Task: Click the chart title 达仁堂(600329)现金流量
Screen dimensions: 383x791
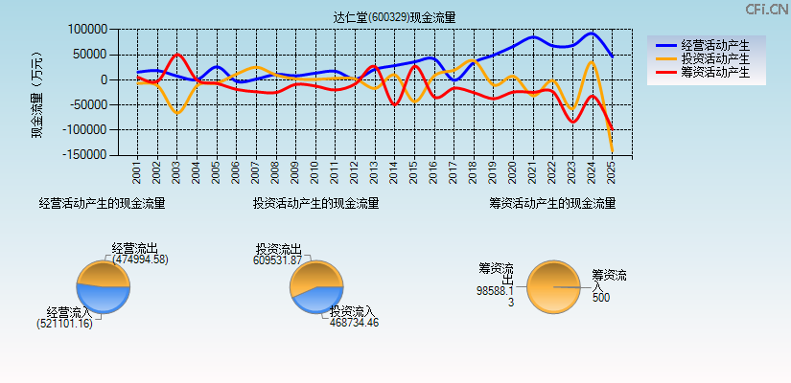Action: click(395, 17)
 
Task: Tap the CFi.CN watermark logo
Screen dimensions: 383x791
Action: click(766, 9)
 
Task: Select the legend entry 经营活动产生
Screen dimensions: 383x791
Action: click(709, 45)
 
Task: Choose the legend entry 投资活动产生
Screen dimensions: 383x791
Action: click(709, 58)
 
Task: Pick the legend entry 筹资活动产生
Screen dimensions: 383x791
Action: click(709, 72)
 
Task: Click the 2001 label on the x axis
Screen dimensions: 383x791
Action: click(137, 172)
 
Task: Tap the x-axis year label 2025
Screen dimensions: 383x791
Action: click(612, 172)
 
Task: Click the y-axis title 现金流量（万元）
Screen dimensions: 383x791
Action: click(37, 94)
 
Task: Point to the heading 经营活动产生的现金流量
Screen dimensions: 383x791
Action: click(102, 203)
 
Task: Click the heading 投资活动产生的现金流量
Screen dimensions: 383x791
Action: click(315, 203)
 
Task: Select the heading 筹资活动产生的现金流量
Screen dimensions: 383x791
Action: click(552, 203)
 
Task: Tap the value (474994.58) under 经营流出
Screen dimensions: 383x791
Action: click(140, 259)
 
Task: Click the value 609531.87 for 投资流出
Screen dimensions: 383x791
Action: click(277, 259)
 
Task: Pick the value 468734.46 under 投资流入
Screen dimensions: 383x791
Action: click(354, 323)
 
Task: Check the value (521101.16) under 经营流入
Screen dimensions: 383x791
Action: click(65, 324)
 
